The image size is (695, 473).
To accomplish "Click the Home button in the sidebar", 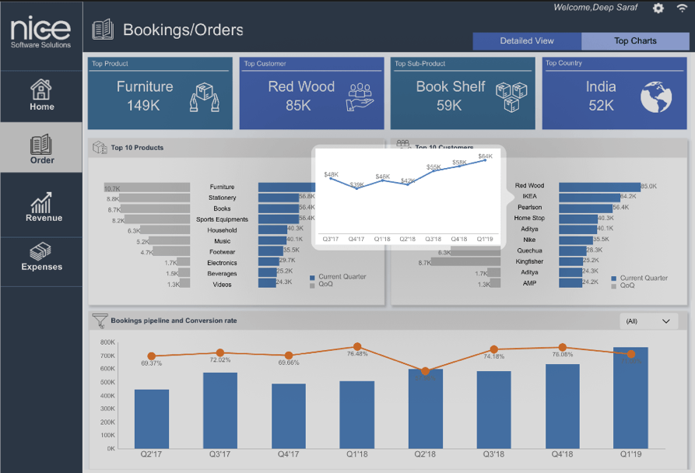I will coord(41,96).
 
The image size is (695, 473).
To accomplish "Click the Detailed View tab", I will coord(527,41).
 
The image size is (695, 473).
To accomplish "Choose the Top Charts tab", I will coord(635,41).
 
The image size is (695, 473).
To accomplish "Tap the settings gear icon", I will coord(658,8).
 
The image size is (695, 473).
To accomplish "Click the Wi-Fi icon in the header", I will coord(682,8).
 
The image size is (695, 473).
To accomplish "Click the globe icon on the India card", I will coord(656,96).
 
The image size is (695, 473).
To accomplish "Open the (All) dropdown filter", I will coord(648,321).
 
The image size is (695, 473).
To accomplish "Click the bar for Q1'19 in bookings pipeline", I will coord(630,398).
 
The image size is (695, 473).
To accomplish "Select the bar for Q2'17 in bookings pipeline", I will coord(152,419).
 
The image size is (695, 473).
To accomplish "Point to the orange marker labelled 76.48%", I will coord(357,347).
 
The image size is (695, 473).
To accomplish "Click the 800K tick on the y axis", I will coord(107,342).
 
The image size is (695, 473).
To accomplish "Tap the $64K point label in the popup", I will coord(485,157).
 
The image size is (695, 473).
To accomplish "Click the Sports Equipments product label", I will coord(222,219).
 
